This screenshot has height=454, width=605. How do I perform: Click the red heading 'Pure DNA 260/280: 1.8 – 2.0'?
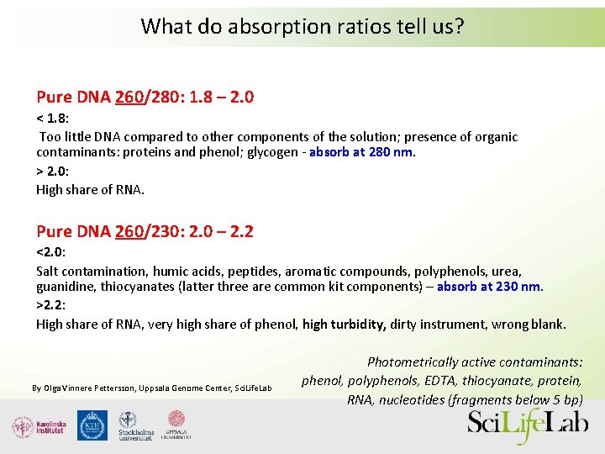click(x=145, y=97)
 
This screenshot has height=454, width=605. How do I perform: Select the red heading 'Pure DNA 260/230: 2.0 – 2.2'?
click(x=145, y=230)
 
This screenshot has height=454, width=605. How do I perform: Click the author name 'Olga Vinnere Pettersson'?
click(x=86, y=388)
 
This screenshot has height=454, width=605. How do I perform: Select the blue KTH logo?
click(x=92, y=425)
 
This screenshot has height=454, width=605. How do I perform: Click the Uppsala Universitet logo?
click(x=177, y=425)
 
